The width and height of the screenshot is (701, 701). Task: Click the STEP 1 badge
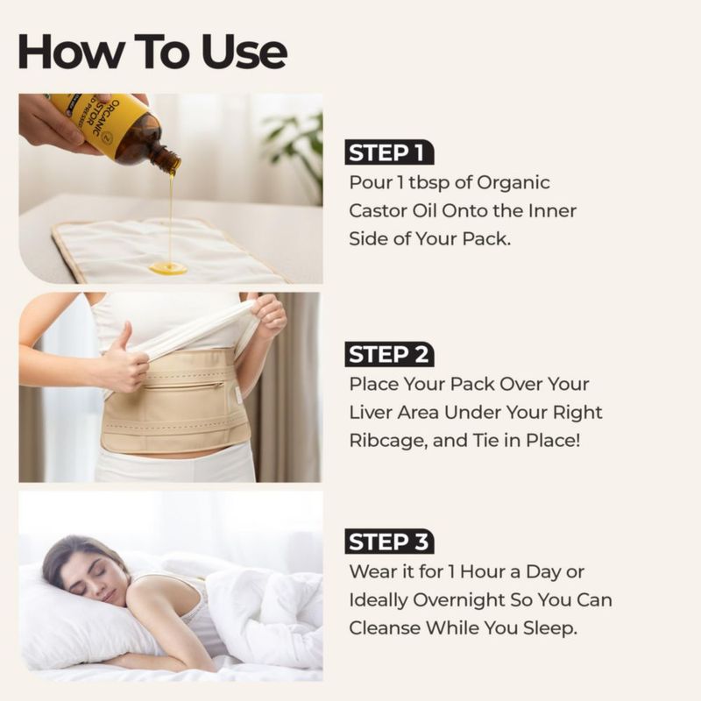(x=389, y=152)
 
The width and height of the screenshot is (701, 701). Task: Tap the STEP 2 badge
(x=389, y=354)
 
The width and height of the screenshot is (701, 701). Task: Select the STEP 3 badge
(x=389, y=542)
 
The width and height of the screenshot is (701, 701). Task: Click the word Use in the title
(x=244, y=52)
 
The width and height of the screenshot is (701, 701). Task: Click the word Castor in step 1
(x=378, y=210)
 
